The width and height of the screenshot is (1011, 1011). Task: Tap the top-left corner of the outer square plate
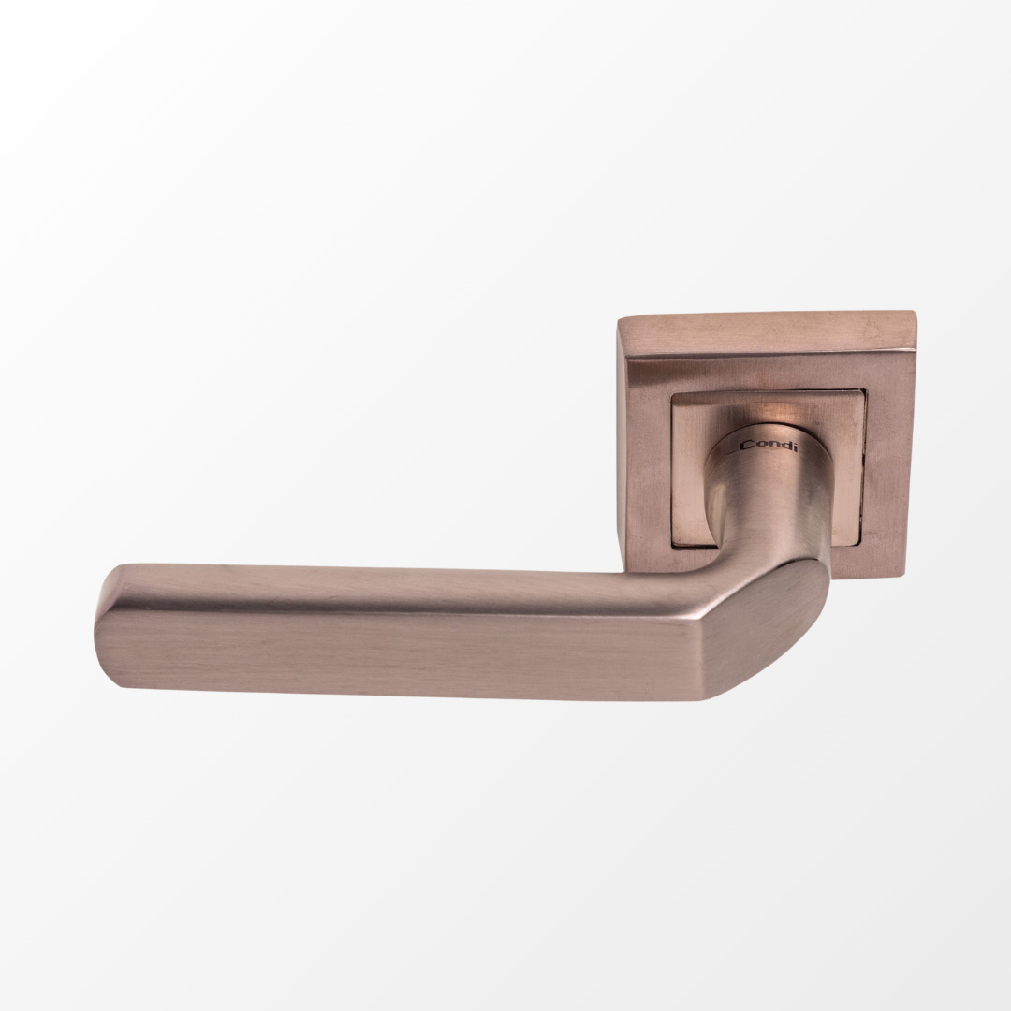(619, 320)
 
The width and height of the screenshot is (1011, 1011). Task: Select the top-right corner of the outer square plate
(915, 312)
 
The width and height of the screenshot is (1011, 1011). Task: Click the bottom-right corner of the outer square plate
(905, 576)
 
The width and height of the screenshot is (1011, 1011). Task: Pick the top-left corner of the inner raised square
(672, 395)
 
